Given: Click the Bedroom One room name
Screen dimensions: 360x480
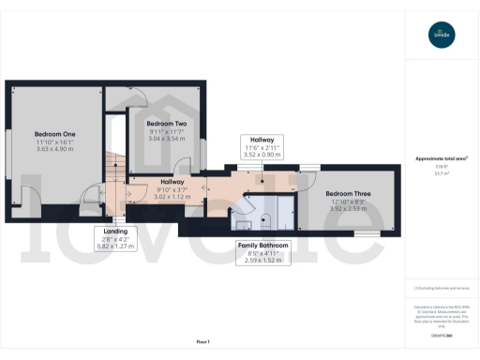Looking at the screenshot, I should coord(54,134).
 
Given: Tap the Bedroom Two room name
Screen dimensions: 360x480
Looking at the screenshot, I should coord(167,124).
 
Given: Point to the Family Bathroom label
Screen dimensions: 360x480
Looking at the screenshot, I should coord(262,245).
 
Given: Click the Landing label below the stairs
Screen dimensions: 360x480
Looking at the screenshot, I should coord(115,232).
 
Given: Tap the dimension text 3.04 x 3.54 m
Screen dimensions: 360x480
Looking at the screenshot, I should coord(167,140).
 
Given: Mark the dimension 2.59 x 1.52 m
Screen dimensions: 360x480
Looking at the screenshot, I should coord(262,260).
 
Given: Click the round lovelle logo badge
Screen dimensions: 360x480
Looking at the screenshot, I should coord(441,37).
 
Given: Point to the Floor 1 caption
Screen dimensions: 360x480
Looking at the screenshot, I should coord(202,340).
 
